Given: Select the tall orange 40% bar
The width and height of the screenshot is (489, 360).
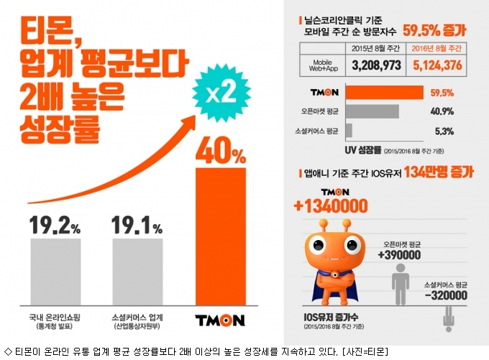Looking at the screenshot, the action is [x=221, y=236].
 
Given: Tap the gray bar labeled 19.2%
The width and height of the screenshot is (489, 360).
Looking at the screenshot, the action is [x=55, y=272].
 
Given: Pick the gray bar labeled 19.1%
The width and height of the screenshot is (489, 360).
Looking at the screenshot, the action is [x=137, y=272].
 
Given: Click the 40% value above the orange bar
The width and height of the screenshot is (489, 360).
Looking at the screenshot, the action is [x=221, y=151].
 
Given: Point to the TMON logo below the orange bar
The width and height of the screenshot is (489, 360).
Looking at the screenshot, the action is [x=220, y=320].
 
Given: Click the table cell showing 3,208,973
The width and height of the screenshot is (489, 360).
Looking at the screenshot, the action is [x=376, y=65].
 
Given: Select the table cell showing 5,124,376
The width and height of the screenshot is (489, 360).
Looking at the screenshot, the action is [x=437, y=65].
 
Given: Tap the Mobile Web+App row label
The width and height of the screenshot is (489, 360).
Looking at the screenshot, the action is [x=323, y=65].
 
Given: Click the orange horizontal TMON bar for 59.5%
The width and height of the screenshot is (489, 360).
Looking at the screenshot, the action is [x=385, y=93].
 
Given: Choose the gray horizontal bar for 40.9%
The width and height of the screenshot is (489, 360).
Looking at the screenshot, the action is [x=373, y=111].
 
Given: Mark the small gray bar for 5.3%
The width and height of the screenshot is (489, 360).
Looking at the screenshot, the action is [x=349, y=130].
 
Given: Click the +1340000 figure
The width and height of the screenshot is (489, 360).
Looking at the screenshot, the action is [x=331, y=206].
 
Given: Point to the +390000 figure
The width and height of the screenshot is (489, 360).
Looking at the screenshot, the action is [x=399, y=255].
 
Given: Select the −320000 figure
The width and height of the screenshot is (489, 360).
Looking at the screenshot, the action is [x=447, y=295].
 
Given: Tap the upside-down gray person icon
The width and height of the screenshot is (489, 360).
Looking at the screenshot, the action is [x=449, y=319].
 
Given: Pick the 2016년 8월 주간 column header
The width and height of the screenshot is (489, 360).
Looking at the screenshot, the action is [x=437, y=48].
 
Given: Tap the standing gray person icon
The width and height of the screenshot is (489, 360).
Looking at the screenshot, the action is [x=401, y=285].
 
